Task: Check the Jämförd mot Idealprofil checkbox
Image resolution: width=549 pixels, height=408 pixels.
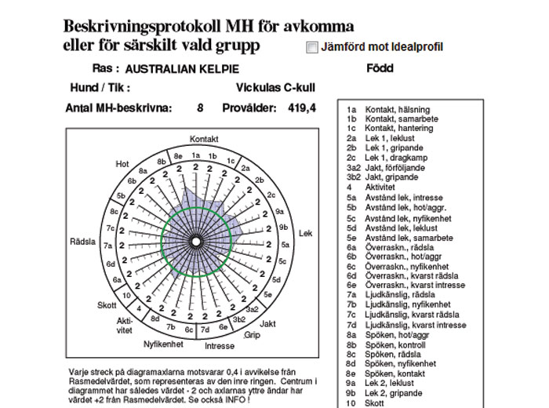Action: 313,47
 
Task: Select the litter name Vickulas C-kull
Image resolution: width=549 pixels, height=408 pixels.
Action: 275,89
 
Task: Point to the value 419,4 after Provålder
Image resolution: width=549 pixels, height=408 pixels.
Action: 301,108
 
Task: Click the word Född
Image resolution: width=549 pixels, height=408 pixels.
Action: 380,68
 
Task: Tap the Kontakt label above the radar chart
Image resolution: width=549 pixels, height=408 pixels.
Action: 204,139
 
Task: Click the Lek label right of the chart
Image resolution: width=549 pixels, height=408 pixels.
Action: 306,234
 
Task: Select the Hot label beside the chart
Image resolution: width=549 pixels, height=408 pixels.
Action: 122,164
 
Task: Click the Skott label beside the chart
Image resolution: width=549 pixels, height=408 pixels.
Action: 107,305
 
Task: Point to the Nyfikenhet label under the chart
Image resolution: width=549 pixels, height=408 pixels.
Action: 164,344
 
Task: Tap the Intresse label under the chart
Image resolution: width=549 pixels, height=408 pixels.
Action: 219,346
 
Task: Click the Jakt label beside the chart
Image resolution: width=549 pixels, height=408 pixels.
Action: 267,323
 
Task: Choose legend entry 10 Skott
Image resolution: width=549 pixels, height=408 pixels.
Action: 367,403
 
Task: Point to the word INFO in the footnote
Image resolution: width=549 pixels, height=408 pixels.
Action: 235,400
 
